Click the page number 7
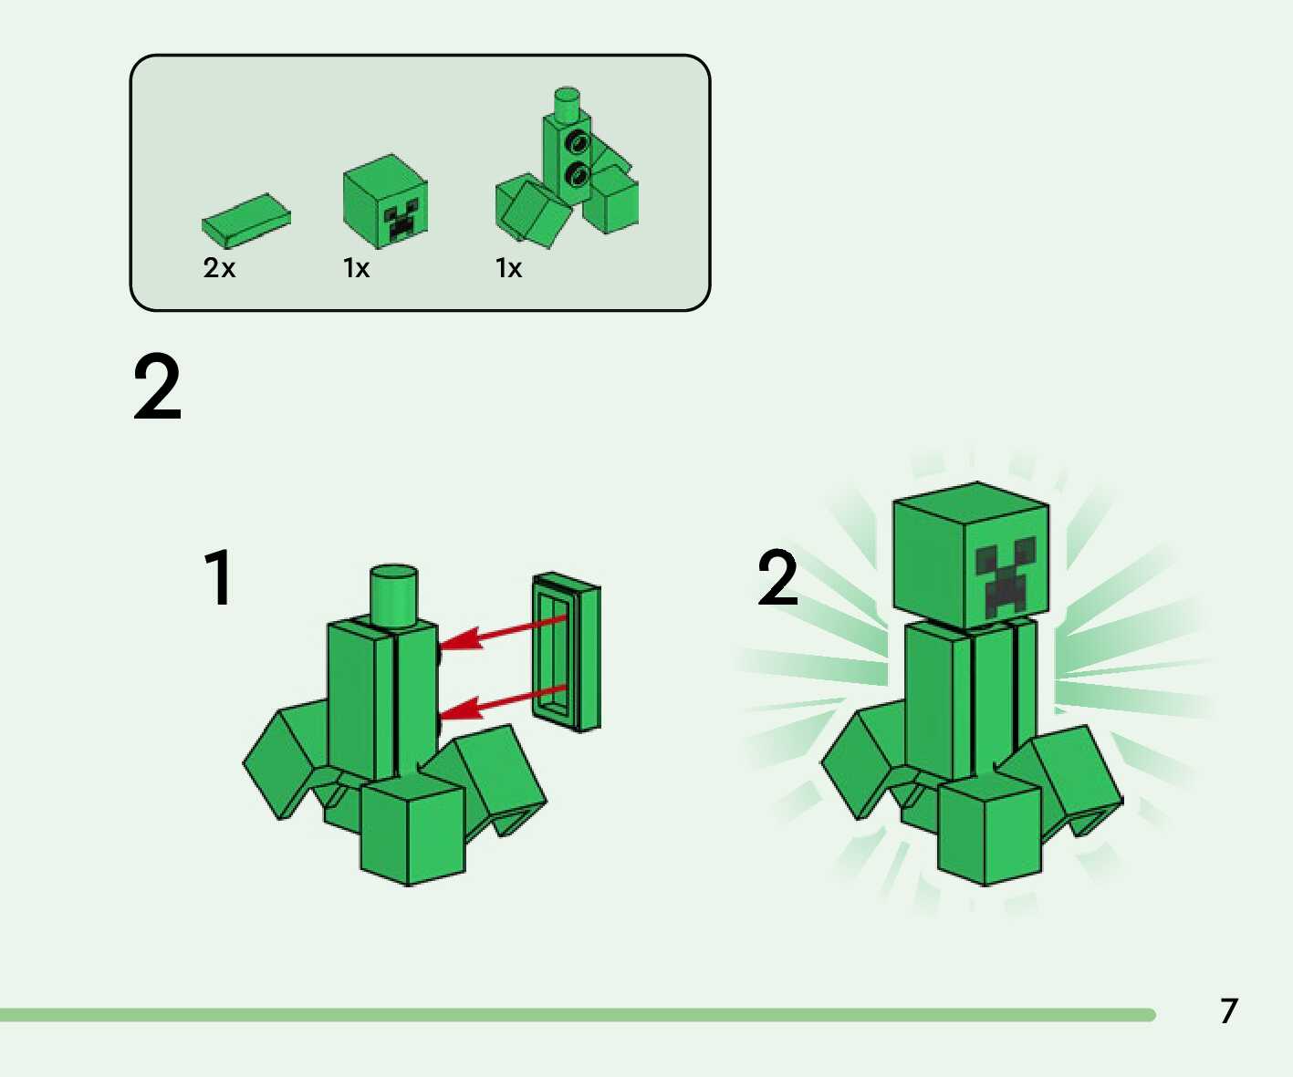[1228, 1010]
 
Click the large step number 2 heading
[157, 388]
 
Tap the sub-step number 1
[219, 577]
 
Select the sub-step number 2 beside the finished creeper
[777, 577]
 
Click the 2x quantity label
[219, 268]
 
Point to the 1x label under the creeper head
[356, 268]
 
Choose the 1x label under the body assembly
[508, 268]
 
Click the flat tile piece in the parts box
[245, 221]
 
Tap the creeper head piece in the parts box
[385, 202]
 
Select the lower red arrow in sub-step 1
[504, 702]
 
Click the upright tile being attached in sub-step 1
[567, 652]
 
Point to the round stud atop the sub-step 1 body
[393, 595]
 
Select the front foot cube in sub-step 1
[412, 830]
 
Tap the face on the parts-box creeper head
[401, 223]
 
